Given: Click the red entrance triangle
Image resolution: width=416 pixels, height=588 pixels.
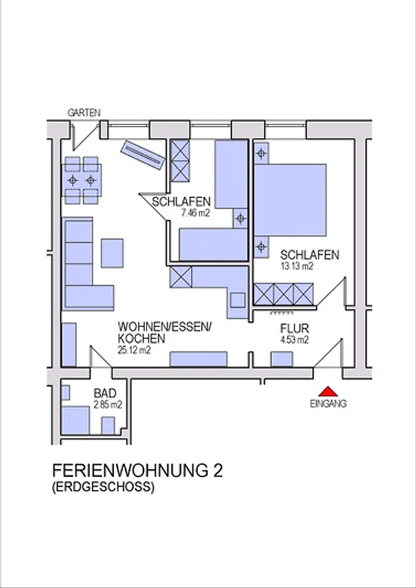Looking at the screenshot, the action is click(x=329, y=392).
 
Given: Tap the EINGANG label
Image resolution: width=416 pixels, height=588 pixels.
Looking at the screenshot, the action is click(x=329, y=404).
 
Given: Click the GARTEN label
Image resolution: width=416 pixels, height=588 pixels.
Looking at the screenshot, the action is click(x=84, y=112).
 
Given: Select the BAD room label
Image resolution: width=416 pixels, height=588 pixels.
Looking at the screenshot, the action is click(x=105, y=394).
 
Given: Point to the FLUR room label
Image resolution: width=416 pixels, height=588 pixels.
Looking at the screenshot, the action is click(x=295, y=329).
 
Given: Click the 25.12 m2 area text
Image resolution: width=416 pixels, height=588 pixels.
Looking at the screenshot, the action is click(x=135, y=351).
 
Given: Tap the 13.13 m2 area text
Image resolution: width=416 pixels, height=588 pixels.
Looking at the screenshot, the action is click(x=297, y=266).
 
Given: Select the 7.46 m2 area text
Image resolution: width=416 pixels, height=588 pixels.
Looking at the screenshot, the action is click(x=195, y=213).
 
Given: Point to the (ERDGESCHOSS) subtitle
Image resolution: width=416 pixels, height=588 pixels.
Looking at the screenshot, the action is click(x=103, y=487).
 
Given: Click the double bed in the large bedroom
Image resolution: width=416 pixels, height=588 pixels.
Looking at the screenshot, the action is click(x=290, y=200).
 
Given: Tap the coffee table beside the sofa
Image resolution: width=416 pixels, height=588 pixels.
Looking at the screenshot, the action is click(x=112, y=253).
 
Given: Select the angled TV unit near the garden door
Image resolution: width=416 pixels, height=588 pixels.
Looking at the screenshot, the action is click(x=143, y=155).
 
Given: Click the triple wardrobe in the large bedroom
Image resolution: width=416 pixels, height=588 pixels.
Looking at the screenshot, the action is click(x=284, y=294).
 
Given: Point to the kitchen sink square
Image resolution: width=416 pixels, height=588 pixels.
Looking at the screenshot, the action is click(x=237, y=301).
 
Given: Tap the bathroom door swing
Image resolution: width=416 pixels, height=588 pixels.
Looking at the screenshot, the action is click(x=101, y=357).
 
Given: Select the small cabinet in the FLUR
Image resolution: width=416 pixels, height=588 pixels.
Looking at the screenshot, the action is click(x=281, y=359).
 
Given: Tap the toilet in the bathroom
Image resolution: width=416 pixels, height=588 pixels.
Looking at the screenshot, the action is click(x=108, y=426).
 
